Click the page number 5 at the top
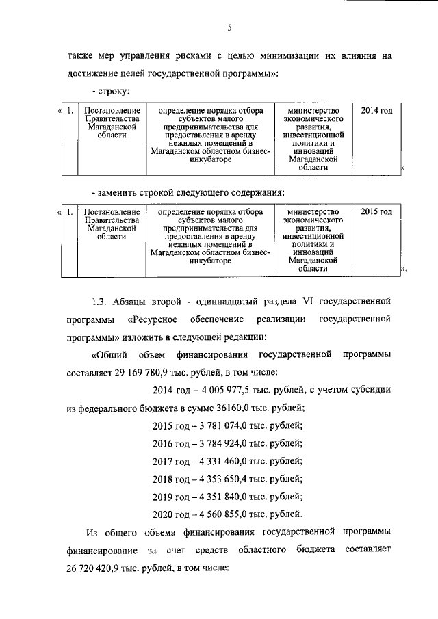click(230, 27)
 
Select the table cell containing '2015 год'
click(376, 211)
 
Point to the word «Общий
click(109, 356)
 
